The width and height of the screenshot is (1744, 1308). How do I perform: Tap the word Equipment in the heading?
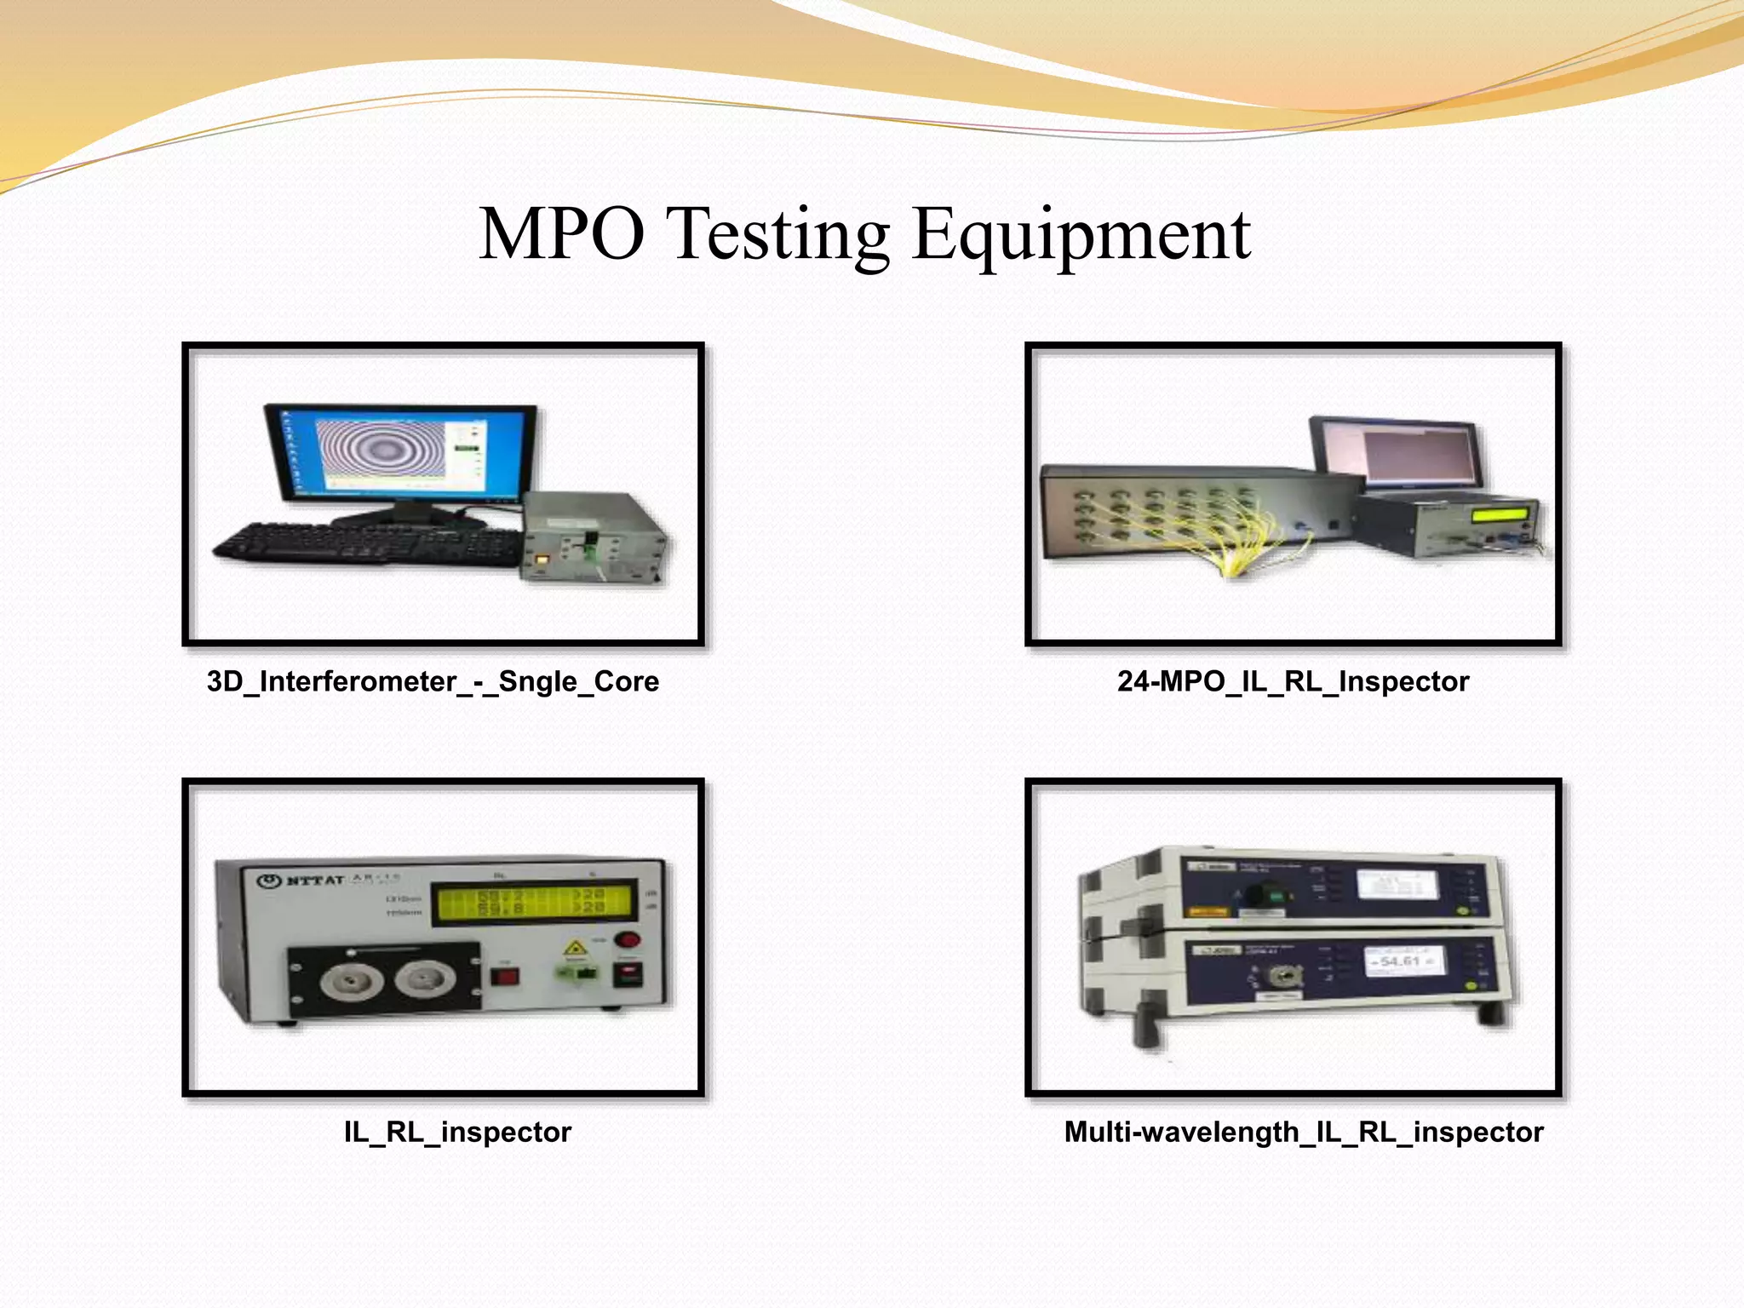point(1081,236)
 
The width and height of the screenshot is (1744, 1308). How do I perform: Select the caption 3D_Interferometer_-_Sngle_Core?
point(433,681)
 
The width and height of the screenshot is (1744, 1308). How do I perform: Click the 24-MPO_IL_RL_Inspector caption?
point(1293,681)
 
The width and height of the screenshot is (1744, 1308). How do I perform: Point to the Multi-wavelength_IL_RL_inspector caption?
point(1303,1132)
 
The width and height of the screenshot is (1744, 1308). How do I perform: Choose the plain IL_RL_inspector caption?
point(457,1132)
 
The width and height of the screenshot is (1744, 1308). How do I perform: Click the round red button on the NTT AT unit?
point(628,940)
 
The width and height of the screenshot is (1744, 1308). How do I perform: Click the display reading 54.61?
point(1401,961)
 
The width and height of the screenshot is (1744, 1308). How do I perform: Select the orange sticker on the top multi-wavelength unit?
point(1210,910)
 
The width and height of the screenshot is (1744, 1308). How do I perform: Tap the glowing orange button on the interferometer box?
point(542,559)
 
